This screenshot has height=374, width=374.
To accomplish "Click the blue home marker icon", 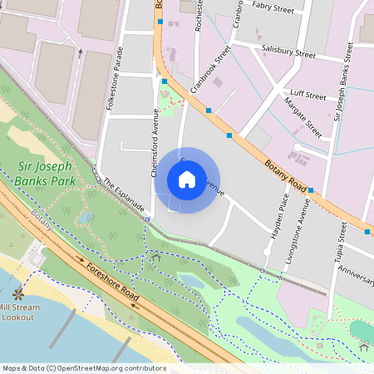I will click(187, 180).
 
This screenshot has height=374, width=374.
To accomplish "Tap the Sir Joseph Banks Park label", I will click(47, 174).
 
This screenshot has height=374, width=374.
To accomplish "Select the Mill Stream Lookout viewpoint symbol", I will click(17, 294).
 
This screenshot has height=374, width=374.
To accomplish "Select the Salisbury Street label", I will click(288, 52).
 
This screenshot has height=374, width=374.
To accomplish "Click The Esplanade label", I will click(125, 196).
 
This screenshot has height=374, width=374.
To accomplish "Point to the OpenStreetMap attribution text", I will click(83, 368).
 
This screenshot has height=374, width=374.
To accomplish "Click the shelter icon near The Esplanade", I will click(155, 257).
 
